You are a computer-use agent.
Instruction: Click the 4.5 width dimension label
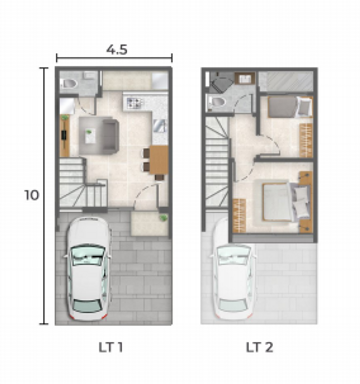pos(117,50)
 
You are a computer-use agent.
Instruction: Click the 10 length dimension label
pos(32,195)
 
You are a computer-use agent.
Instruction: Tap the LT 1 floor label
pos(110,347)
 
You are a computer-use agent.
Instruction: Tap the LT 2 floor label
pos(259,347)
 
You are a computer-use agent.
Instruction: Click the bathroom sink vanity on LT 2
pos(245,78)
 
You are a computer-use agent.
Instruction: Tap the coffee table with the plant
pos(90,136)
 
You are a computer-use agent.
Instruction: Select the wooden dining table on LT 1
pos(159,160)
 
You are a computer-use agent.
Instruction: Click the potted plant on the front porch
pos(163,218)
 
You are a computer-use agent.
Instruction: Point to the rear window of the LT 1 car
pos(88,306)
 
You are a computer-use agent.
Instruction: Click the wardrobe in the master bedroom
pos(239,215)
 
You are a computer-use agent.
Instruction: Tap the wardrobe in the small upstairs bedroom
pos(306,140)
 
